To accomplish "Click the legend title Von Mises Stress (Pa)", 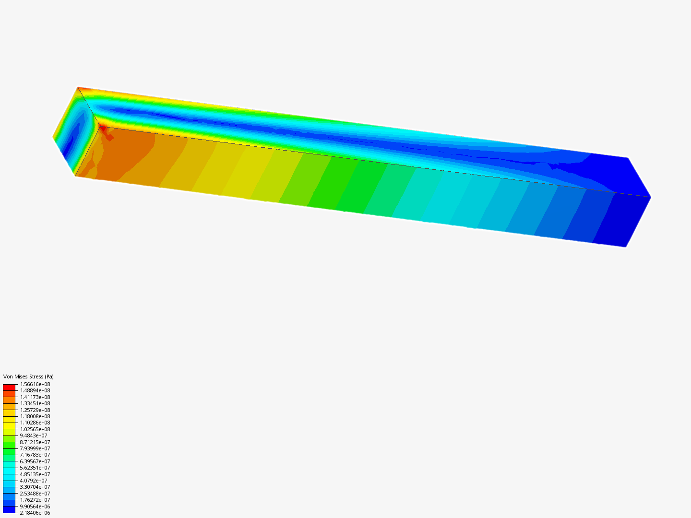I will pyautogui.click(x=28, y=377).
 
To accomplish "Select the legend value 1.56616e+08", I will pyautogui.click(x=35, y=384).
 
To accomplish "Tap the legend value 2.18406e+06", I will pyautogui.click(x=35, y=513).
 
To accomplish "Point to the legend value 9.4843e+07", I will pyautogui.click(x=34, y=436).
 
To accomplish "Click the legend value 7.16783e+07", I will pyautogui.click(x=35, y=455).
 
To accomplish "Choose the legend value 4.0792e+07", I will pyautogui.click(x=34, y=481).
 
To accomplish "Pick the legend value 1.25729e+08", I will pyautogui.click(x=35, y=410).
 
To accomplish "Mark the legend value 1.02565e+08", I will pyautogui.click(x=35, y=429).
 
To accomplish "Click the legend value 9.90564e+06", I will pyautogui.click(x=35, y=506).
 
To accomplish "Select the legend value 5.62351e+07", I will pyautogui.click(x=35, y=468).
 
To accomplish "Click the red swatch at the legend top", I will pyautogui.click(x=9, y=387).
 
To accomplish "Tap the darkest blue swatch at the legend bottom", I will pyautogui.click(x=9, y=509).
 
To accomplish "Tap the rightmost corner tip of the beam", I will pyautogui.click(x=650, y=197).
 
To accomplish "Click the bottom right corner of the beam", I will pyautogui.click(x=625, y=247).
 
